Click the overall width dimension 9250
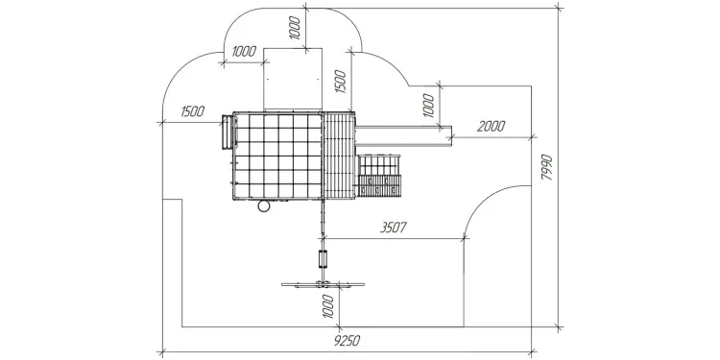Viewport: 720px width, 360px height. [x=347, y=341]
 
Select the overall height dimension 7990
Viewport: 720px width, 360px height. [x=546, y=167]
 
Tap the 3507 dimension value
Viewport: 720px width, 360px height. [x=394, y=228]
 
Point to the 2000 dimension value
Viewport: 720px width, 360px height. [x=491, y=127]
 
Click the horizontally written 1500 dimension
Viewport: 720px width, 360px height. [x=192, y=111]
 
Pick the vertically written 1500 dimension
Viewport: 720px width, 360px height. [x=340, y=82]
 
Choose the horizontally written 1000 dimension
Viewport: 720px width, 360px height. [x=244, y=52]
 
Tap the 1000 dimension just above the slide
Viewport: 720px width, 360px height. [x=428, y=106]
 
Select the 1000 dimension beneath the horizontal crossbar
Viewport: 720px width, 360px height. [x=328, y=306]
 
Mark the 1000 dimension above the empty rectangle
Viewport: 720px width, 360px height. [x=295, y=28]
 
